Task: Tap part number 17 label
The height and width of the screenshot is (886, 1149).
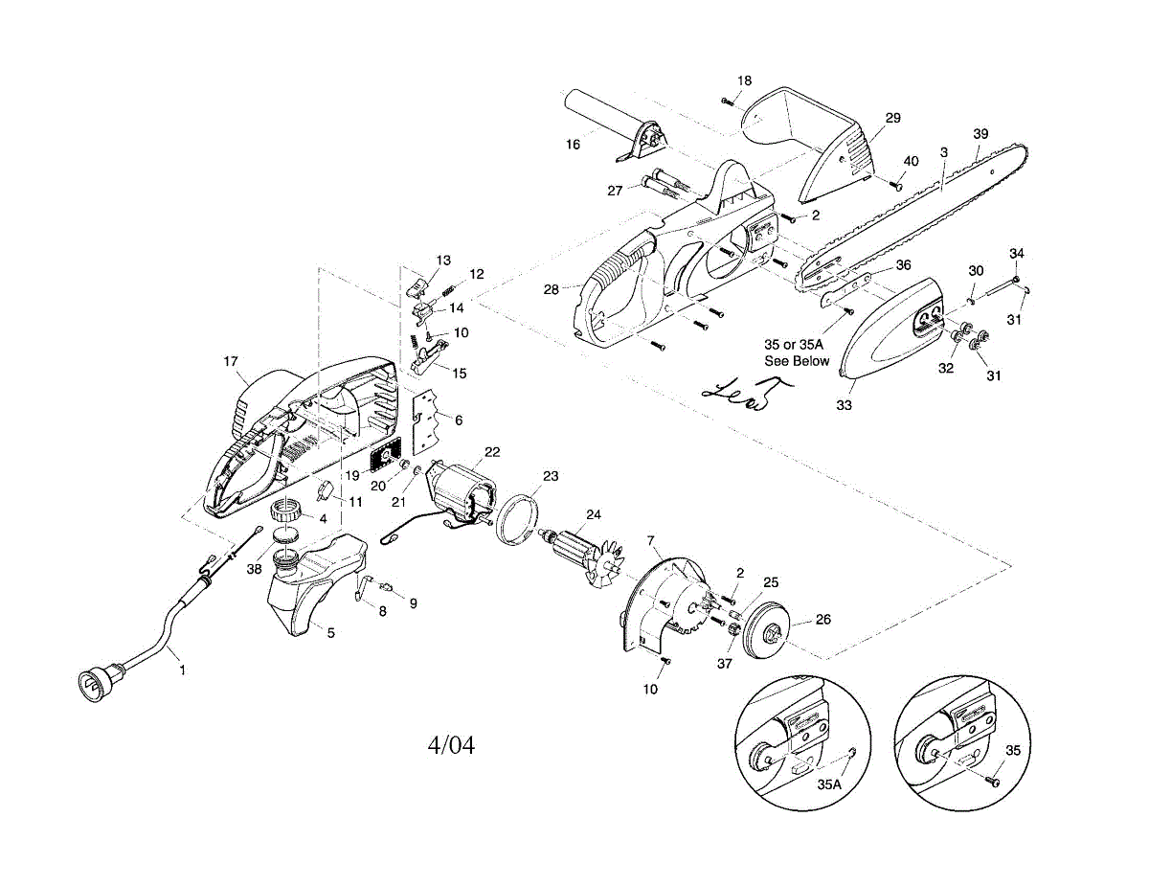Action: click(x=231, y=361)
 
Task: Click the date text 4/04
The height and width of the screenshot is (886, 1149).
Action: click(x=450, y=744)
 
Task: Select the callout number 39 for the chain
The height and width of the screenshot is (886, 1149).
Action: click(x=980, y=134)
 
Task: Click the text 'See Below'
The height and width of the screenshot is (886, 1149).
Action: click(x=797, y=361)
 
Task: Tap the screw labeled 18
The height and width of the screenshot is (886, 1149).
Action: click(x=727, y=99)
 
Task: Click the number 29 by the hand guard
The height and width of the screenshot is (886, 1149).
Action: click(x=892, y=118)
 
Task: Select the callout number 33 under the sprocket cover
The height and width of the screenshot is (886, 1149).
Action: click(x=844, y=406)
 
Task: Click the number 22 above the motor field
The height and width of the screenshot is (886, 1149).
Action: click(x=492, y=451)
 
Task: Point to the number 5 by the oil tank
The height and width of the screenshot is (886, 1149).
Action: click(x=331, y=632)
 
